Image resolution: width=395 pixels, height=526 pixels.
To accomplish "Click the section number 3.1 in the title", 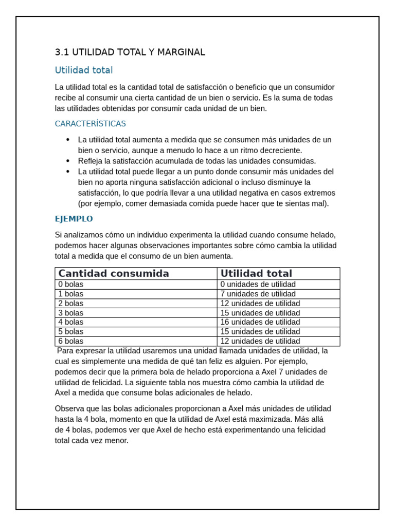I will [x=62, y=52].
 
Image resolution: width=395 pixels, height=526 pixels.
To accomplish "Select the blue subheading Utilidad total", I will [x=84, y=70].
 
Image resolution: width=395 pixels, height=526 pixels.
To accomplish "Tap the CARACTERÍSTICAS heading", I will [x=90, y=124].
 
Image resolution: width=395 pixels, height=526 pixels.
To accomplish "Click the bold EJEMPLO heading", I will [x=74, y=219].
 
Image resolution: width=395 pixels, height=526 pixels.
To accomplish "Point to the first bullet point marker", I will [x=68, y=140].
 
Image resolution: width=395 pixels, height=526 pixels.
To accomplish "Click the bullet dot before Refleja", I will [x=68, y=161].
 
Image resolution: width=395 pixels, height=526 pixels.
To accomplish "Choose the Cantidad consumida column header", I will [x=114, y=274].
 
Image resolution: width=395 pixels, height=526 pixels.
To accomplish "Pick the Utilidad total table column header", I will [x=256, y=274].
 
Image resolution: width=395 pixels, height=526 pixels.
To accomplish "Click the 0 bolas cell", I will [x=71, y=285].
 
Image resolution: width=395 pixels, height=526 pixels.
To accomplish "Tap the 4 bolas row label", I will [x=71, y=322].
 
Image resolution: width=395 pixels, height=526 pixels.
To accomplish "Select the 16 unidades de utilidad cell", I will [x=260, y=322].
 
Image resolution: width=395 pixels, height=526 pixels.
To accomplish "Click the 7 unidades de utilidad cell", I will [x=258, y=294].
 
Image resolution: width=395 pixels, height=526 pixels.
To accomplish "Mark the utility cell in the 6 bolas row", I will [x=260, y=341].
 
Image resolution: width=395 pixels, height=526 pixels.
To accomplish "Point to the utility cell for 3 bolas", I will [x=260, y=313].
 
